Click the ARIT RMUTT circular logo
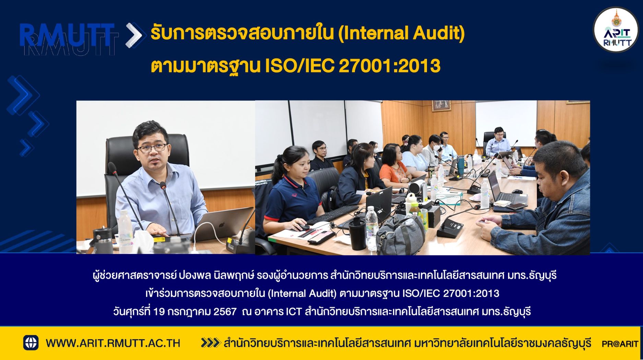616,29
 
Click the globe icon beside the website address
31,343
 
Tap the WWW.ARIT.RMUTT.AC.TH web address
113,343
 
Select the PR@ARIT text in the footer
620,344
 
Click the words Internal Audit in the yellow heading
401,33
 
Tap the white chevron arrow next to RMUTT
133,35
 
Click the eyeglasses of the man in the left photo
152,148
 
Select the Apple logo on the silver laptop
222,225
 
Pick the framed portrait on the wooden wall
441,106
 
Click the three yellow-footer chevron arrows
210,343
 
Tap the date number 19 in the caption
159,312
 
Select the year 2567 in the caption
225,312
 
